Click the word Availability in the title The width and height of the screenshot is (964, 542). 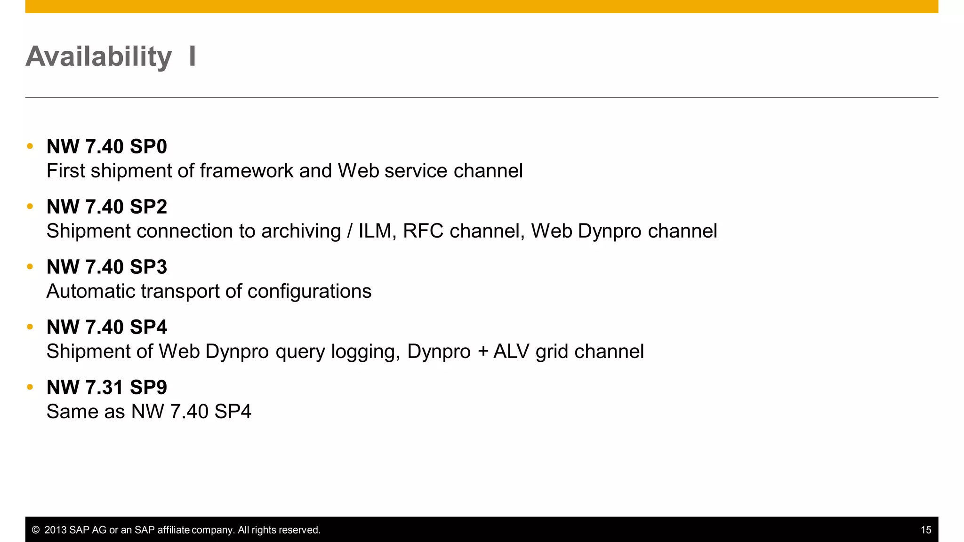click(99, 57)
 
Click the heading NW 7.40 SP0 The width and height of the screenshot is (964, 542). click(107, 147)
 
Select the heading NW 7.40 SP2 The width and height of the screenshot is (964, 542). click(107, 207)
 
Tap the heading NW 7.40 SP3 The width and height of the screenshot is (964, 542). click(107, 267)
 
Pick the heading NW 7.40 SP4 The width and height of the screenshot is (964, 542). click(107, 327)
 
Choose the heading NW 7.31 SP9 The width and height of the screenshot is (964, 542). click(107, 388)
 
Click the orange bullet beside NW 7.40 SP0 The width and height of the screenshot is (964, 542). click(30, 146)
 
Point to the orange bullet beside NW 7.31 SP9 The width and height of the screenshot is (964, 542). click(30, 387)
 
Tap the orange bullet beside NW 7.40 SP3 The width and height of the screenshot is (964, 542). click(30, 267)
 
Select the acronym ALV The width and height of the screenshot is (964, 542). click(511, 351)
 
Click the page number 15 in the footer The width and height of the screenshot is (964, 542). click(926, 530)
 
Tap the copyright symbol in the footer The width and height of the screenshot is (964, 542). click(36, 530)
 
